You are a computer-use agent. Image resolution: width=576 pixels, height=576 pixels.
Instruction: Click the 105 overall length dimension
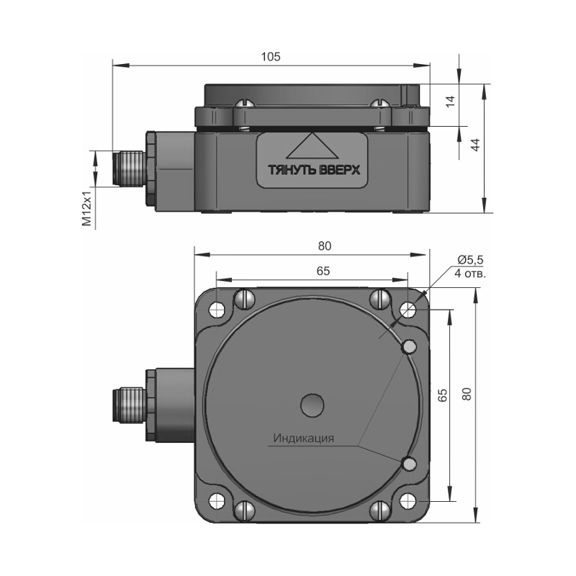pyautogui.click(x=271, y=57)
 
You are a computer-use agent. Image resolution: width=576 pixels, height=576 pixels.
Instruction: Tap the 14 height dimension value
pyautogui.click(x=450, y=101)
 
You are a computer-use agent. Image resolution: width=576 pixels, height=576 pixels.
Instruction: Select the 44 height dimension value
pyautogui.click(x=475, y=145)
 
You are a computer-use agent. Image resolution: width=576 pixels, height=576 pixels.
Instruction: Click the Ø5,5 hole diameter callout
pyautogui.click(x=470, y=260)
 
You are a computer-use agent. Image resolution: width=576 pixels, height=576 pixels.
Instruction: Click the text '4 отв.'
pyautogui.click(x=470, y=274)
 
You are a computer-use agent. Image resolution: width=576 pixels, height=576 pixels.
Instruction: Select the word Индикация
pyautogui.click(x=304, y=438)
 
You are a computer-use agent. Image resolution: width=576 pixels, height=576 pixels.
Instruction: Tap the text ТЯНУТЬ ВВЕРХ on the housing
pyautogui.click(x=313, y=170)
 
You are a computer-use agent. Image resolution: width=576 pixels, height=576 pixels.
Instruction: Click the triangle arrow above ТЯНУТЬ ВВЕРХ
pyautogui.click(x=312, y=146)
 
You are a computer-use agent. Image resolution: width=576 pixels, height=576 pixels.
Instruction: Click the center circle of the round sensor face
pyautogui.click(x=312, y=405)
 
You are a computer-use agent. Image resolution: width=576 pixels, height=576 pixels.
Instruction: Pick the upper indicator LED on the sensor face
pyautogui.click(x=410, y=346)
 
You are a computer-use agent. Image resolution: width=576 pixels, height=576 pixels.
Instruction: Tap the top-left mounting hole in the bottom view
pyautogui.click(x=217, y=309)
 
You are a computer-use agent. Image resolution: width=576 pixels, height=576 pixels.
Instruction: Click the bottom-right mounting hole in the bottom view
pyautogui.click(x=408, y=501)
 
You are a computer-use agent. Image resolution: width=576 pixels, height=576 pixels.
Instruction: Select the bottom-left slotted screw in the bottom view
pyautogui.click(x=244, y=510)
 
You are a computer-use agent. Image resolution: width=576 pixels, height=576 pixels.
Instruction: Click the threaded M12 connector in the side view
pyautogui.click(x=128, y=169)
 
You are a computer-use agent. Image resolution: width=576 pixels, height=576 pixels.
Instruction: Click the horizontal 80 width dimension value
pyautogui.click(x=325, y=246)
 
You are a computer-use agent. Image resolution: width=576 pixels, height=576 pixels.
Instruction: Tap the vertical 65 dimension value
pyautogui.click(x=443, y=395)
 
